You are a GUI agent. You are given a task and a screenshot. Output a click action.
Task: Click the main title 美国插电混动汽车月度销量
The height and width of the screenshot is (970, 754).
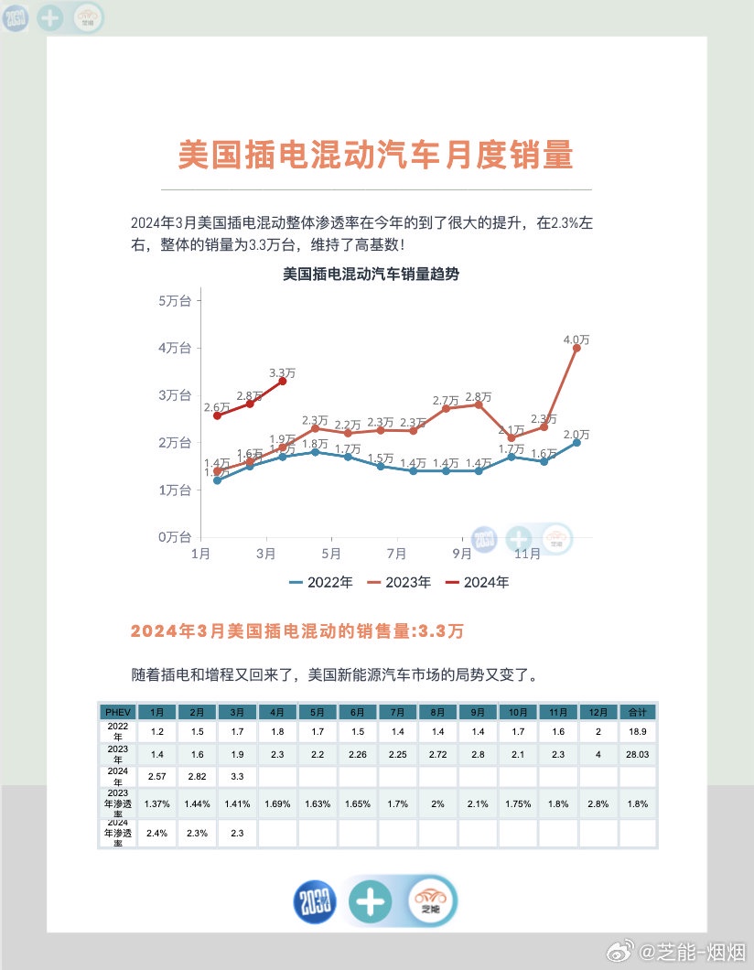375,156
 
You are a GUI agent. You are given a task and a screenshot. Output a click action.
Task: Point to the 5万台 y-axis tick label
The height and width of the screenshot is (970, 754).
175,300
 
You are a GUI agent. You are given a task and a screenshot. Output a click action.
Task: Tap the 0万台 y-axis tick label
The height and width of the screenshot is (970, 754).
175,537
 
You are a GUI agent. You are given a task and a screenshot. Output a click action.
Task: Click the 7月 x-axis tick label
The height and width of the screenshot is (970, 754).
396,554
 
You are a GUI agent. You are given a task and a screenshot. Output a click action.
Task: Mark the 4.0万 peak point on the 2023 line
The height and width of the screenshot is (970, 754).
576,348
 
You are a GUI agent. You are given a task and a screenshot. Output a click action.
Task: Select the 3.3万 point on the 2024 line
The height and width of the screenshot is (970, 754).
283,381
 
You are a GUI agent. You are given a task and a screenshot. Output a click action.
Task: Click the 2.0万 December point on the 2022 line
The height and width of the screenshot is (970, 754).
576,442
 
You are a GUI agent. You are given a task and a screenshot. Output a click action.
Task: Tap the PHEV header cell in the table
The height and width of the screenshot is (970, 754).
118,712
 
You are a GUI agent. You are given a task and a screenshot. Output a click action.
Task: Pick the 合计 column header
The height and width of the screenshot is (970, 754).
637,712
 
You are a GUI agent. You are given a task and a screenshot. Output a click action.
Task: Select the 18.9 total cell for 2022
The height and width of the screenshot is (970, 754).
637,732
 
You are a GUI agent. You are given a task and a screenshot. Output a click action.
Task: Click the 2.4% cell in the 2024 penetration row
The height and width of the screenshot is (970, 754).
157,833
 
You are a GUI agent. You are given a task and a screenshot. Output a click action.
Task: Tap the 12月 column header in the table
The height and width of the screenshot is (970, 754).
598,712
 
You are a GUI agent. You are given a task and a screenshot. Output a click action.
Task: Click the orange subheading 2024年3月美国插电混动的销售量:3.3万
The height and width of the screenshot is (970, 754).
297,631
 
